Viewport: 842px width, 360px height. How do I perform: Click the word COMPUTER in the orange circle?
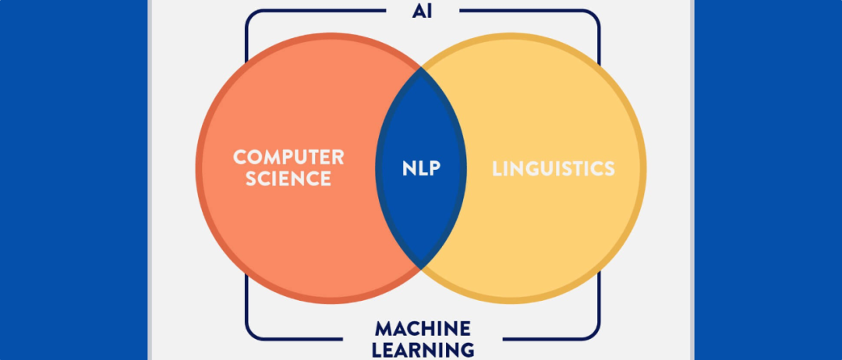click(288, 157)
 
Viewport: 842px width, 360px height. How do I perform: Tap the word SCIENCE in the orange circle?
click(288, 178)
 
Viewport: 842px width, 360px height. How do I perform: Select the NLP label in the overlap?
click(422, 168)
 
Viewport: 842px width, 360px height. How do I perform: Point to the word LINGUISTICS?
click(554, 168)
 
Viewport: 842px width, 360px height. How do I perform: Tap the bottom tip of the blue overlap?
click(422, 268)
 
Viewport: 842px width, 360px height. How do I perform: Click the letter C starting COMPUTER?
click(239, 157)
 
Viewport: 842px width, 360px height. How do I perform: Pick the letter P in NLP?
click(435, 168)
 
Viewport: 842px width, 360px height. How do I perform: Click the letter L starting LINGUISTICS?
click(496, 168)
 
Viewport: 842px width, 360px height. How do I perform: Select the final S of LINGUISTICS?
click(609, 168)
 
